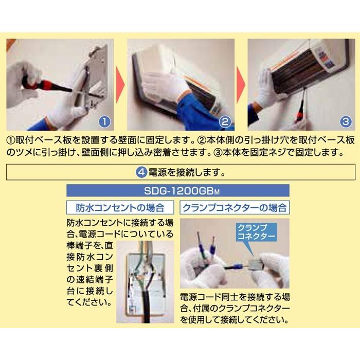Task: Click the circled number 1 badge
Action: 104,121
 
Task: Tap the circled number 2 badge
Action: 225,121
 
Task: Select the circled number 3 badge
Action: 346,121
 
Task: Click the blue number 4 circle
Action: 141,172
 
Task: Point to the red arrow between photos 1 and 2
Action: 120,85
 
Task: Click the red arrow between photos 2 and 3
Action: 241,85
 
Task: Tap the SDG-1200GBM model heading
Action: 178,191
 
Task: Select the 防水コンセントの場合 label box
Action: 120,208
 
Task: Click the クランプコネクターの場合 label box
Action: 235,208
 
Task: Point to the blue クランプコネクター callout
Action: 257,232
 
